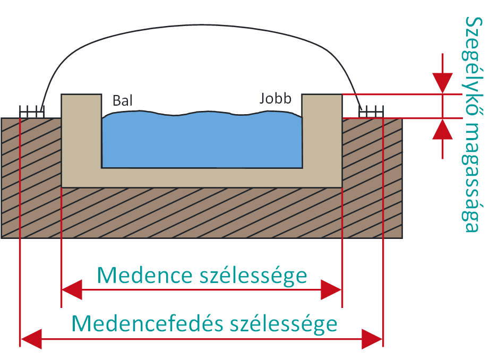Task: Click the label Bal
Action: pyautogui.click(x=122, y=100)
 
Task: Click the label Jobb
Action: pyautogui.click(x=276, y=99)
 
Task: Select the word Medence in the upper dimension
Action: pyautogui.click(x=145, y=275)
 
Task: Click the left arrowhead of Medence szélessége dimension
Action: pyautogui.click(x=72, y=290)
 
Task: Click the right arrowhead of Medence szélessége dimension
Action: pyautogui.click(x=331, y=290)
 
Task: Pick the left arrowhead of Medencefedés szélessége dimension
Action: pyautogui.click(x=31, y=339)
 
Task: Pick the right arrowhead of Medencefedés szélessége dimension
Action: pyautogui.click(x=372, y=339)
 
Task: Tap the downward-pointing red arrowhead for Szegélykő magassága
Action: pyautogui.click(x=442, y=83)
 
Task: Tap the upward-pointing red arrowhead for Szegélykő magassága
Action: pyautogui.click(x=442, y=129)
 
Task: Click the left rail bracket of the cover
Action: pyautogui.click(x=32, y=112)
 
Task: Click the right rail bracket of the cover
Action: pyautogui.click(x=371, y=112)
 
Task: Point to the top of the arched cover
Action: pyautogui.click(x=202, y=25)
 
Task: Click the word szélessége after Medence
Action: pyautogui.click(x=253, y=276)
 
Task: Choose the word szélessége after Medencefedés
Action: pyautogui.click(x=284, y=324)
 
